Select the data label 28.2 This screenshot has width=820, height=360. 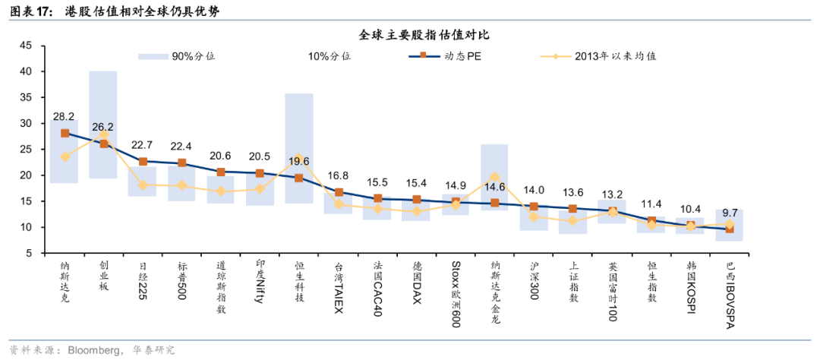click(64, 117)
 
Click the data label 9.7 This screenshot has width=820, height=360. click(730, 213)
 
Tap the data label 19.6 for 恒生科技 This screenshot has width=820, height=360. click(298, 161)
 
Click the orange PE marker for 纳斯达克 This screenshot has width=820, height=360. click(65, 133)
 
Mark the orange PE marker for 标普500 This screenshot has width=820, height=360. click(182, 163)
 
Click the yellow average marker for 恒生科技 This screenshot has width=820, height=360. click(298, 158)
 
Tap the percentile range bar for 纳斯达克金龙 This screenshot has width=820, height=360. click(495, 176)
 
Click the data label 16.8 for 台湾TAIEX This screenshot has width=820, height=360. click(339, 176)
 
